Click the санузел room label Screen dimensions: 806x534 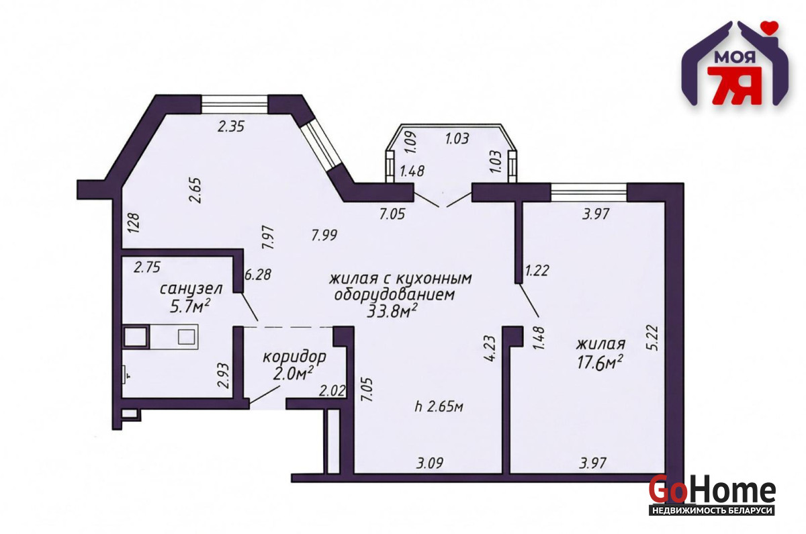pyautogui.click(x=191, y=289)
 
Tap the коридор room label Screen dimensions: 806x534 pyautogui.click(x=294, y=357)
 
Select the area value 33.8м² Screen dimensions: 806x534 pyautogui.click(x=392, y=311)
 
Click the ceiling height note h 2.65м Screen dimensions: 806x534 pyautogui.click(x=439, y=406)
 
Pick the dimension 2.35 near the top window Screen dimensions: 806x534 pyautogui.click(x=231, y=126)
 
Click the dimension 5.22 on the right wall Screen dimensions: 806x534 pyautogui.click(x=652, y=338)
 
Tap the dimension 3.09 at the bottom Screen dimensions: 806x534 pyautogui.click(x=430, y=463)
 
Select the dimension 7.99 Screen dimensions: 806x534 pyautogui.click(x=324, y=235)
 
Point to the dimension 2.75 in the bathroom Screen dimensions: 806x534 pyautogui.click(x=147, y=267)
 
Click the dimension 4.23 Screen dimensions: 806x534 pyautogui.click(x=490, y=348)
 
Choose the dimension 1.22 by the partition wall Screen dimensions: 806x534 pyautogui.click(x=537, y=270)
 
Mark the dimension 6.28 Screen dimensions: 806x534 pyautogui.click(x=258, y=275)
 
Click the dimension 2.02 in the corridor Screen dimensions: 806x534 pyautogui.click(x=332, y=391)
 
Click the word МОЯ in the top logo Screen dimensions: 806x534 pyautogui.click(x=735, y=57)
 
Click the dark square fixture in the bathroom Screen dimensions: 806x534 pyautogui.click(x=136, y=337)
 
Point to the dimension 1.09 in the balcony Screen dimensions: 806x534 pyautogui.click(x=411, y=143)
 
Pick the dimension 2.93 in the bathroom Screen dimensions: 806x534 pyautogui.click(x=224, y=375)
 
